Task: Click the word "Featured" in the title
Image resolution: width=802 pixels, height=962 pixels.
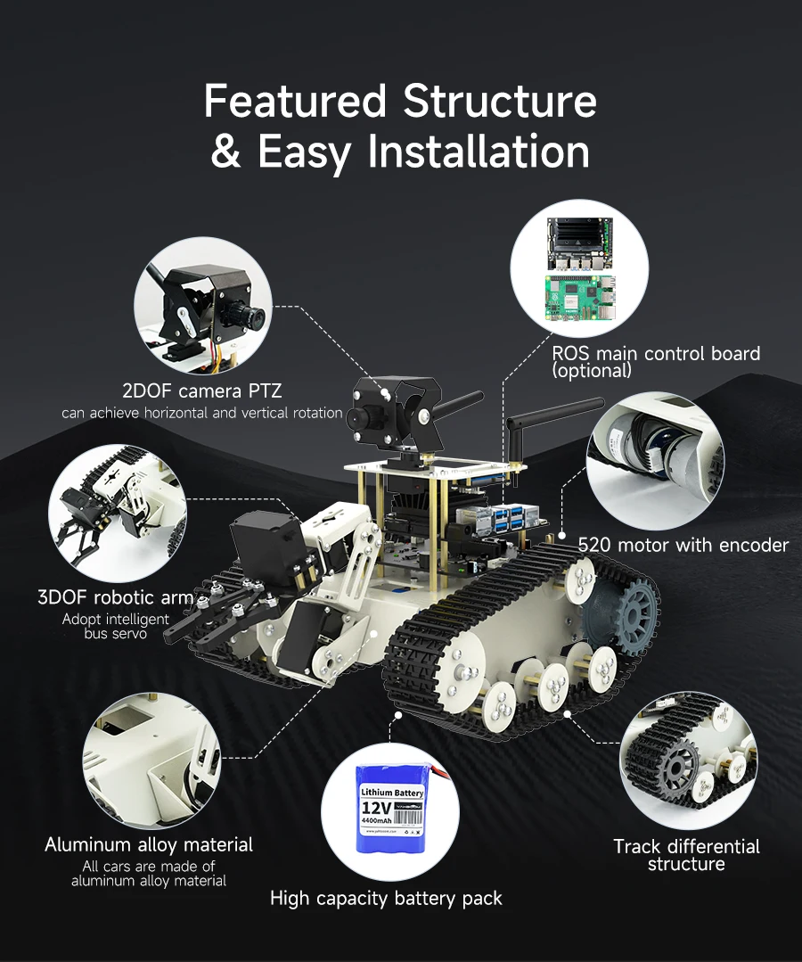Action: pos(296,101)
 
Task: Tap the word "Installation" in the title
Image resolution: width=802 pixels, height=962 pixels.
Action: pos(479,152)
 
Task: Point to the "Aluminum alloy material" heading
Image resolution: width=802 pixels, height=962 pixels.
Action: pos(149,844)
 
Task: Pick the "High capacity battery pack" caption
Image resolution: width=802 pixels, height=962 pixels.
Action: pos(386,898)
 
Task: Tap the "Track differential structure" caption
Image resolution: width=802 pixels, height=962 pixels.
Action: pos(686,855)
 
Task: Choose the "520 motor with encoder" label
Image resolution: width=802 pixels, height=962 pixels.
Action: pos(683,545)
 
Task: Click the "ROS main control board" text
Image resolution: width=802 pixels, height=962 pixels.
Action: pos(656,353)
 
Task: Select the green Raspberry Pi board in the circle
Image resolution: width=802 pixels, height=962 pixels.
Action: pos(579,298)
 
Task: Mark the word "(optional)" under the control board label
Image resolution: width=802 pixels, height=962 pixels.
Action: pos(592,370)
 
